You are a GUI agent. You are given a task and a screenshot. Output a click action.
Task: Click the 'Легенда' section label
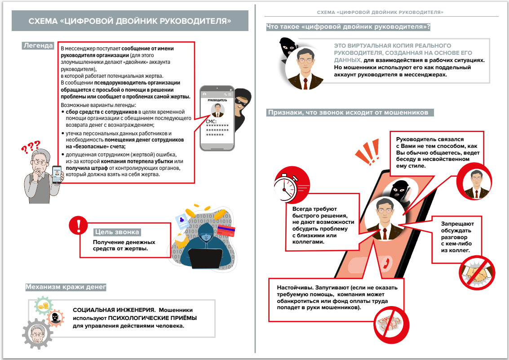38,46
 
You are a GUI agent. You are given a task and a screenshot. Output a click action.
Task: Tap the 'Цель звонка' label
117,232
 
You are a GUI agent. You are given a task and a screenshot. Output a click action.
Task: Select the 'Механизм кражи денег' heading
66,286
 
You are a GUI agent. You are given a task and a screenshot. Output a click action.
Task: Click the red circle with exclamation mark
78,225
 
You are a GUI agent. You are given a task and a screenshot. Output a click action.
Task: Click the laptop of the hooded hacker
205,258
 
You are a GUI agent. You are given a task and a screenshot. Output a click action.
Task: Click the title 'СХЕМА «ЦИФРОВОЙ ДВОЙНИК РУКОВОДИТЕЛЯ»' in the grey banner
130,21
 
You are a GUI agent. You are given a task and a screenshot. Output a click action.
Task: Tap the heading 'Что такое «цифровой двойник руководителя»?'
348,27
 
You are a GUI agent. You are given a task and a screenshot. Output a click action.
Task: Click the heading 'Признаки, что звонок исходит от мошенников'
350,112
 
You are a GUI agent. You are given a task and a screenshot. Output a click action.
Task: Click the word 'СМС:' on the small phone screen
211,121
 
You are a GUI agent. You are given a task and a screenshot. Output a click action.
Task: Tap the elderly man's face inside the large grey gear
36,334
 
